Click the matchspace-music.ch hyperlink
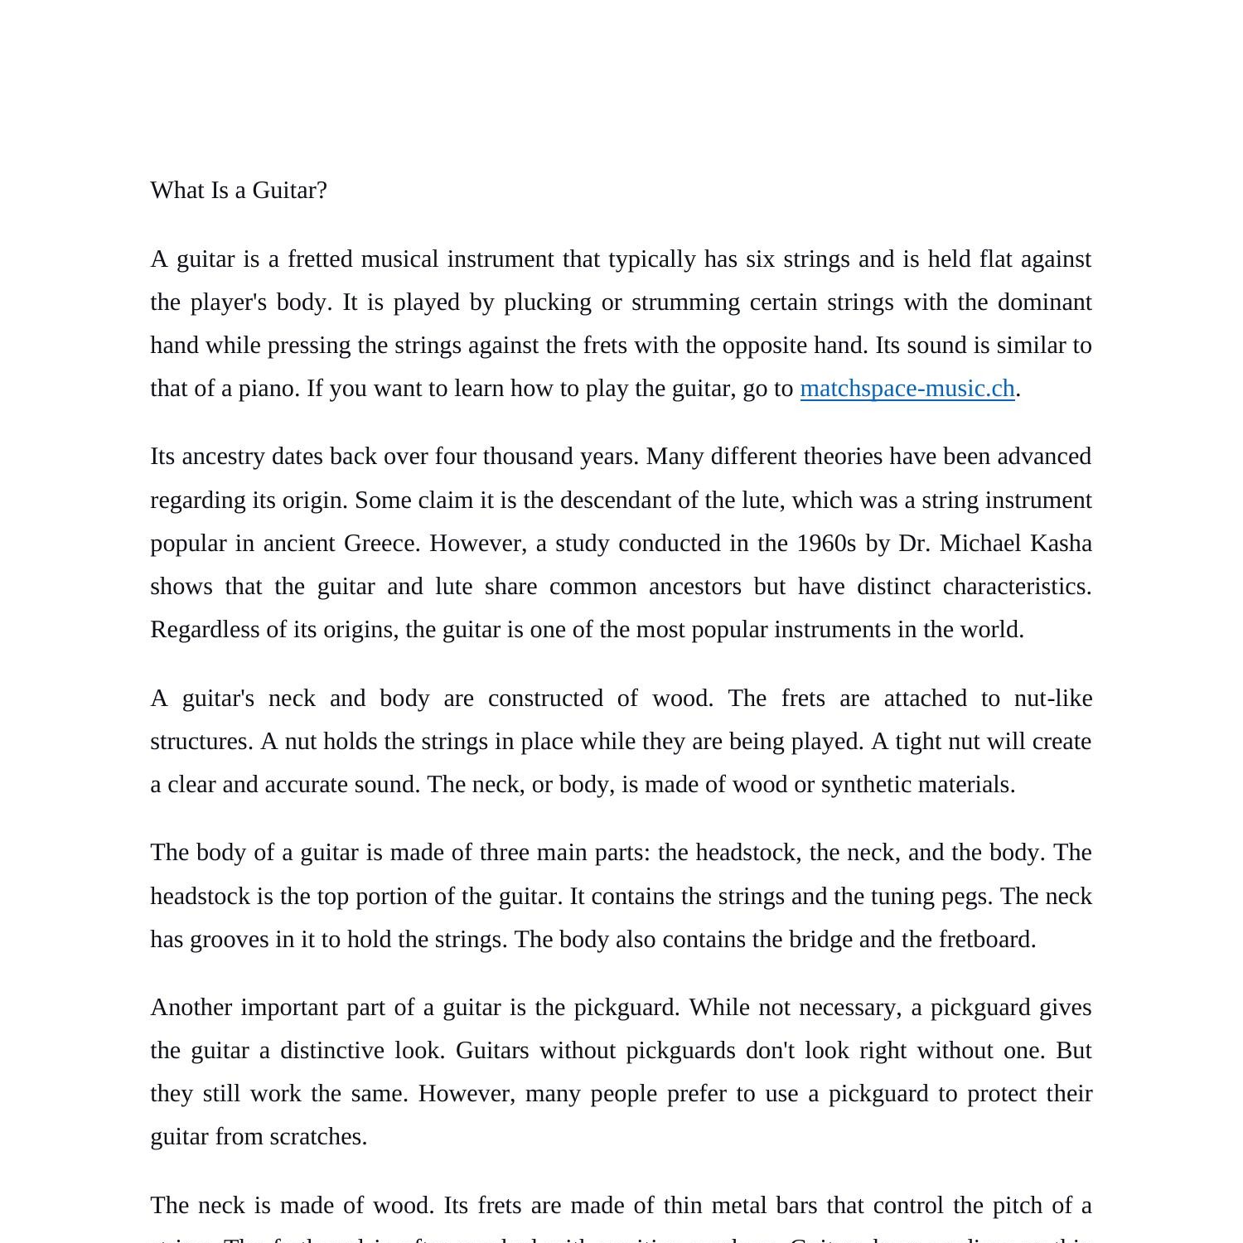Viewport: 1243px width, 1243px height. pyautogui.click(x=907, y=389)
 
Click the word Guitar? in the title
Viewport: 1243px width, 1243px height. pyautogui.click(x=289, y=191)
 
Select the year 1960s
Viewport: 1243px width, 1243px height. pyautogui.click(x=826, y=544)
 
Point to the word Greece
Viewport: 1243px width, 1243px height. pyautogui.click(x=382, y=544)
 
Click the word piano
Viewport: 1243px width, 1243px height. pyautogui.click(x=268, y=389)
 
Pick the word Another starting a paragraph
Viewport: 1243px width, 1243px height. pyautogui.click(x=191, y=1008)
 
